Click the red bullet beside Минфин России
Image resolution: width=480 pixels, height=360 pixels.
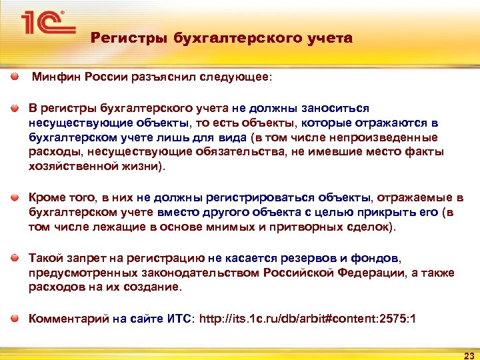click(x=15, y=77)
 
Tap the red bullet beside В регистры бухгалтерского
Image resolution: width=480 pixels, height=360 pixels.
click(x=15, y=108)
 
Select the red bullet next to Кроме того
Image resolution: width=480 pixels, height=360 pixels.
click(x=15, y=198)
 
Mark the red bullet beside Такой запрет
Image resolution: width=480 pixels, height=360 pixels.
click(x=15, y=258)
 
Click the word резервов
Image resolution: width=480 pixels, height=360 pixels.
click(x=289, y=258)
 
